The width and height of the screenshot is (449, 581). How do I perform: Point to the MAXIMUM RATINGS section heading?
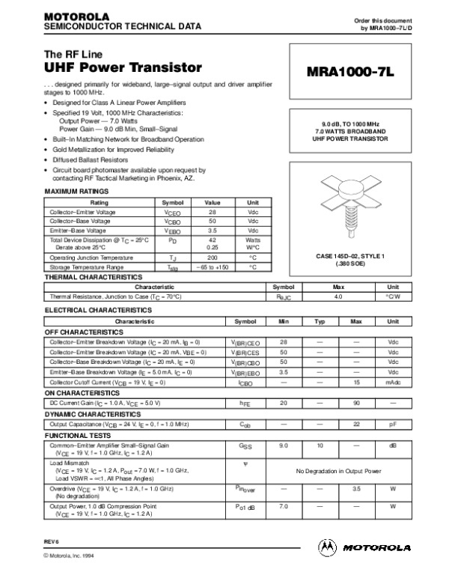click(x=77, y=192)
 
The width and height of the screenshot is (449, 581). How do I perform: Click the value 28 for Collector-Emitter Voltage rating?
click(x=213, y=212)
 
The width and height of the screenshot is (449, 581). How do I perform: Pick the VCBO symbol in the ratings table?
click(x=171, y=221)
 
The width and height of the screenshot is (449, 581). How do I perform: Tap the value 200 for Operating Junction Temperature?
click(x=213, y=257)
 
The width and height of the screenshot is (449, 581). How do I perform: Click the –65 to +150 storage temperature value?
click(x=213, y=267)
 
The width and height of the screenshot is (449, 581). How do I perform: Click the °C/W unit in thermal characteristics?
click(x=393, y=296)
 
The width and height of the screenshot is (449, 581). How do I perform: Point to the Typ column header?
click(x=320, y=320)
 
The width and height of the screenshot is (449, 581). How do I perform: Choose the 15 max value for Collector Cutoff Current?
click(x=356, y=382)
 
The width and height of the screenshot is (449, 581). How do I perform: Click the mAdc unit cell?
click(x=393, y=382)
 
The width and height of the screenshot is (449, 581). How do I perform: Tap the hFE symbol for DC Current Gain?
click(x=244, y=403)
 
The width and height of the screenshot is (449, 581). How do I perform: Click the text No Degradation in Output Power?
click(x=338, y=471)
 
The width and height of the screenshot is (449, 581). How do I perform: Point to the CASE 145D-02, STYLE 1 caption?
click(x=350, y=257)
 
